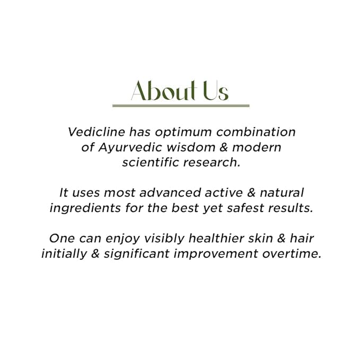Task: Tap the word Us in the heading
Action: [x=216, y=91]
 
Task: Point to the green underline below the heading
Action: [x=181, y=106]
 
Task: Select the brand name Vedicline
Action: [x=96, y=132]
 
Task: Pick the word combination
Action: [x=256, y=132]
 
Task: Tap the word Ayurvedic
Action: [x=130, y=148]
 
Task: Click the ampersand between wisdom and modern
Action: [x=223, y=147]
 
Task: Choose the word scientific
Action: [x=151, y=162]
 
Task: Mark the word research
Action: [x=212, y=162]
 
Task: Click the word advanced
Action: [x=170, y=192]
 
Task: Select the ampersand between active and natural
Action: [x=251, y=192]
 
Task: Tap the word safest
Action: [x=245, y=208]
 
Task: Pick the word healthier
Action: [x=216, y=238]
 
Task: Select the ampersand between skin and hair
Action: [x=281, y=238]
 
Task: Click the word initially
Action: [x=64, y=254]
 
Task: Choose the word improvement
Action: [x=216, y=254]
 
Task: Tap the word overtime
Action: [x=292, y=253]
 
